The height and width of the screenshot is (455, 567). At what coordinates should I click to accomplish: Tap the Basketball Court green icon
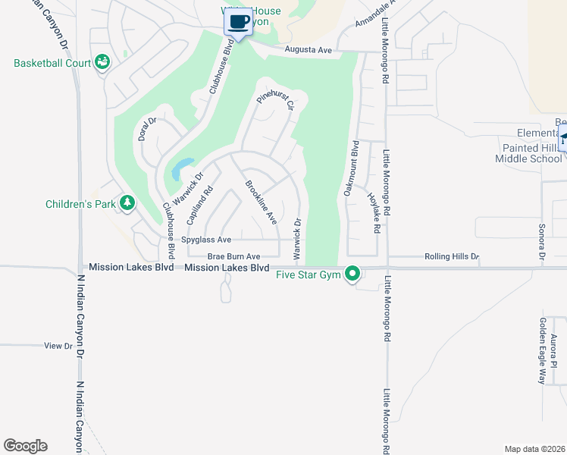pos(102,63)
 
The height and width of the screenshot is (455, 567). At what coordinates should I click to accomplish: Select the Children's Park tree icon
pos(128,202)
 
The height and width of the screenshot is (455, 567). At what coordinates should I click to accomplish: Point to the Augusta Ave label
pos(309,50)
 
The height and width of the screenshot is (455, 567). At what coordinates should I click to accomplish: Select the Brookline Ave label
pos(260,202)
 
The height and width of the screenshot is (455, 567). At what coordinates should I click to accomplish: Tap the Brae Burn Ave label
pos(234,257)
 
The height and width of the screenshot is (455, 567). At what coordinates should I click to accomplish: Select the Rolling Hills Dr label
pos(452,257)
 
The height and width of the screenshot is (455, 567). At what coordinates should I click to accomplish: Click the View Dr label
pos(58,346)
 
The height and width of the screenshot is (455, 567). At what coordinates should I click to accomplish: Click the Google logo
pos(25,446)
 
